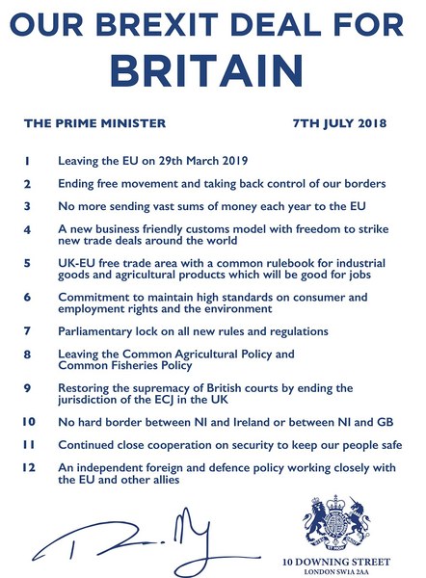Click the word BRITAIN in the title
212,70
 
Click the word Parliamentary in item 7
99,330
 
